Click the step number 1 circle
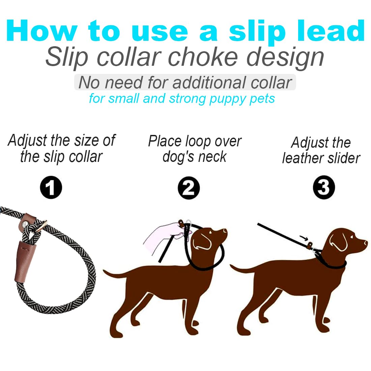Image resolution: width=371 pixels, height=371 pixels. (x=51, y=188)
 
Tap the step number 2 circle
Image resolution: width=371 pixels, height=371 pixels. (x=189, y=188)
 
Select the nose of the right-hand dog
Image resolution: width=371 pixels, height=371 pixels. (x=366, y=242)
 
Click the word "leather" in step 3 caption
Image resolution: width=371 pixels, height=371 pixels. (x=301, y=158)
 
